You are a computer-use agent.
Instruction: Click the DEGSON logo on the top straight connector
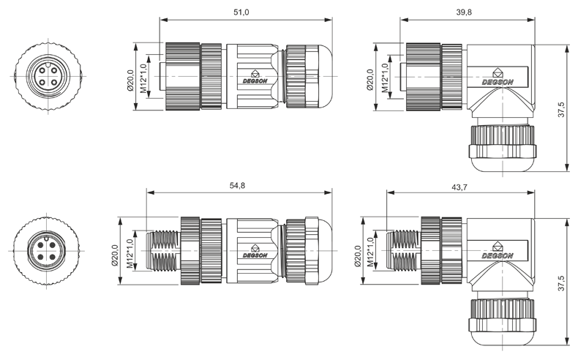coord(254,76)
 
